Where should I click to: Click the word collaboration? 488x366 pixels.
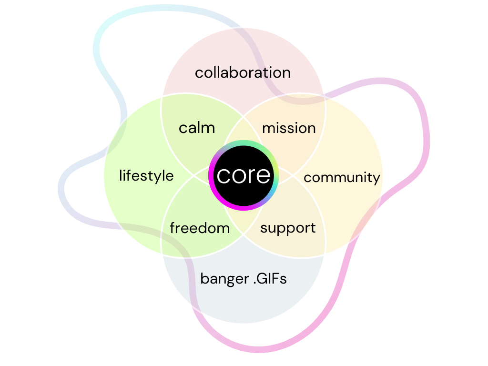point(243,73)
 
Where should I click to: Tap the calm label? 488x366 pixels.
point(197,128)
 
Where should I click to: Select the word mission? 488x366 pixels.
point(289,128)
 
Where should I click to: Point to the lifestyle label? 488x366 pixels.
point(146,176)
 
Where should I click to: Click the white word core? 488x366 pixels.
point(244,175)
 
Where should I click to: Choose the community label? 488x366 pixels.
point(342,177)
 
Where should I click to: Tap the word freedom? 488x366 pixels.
point(200,228)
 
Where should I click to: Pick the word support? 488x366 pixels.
point(288,228)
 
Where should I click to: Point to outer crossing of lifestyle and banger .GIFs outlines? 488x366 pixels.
point(162,256)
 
